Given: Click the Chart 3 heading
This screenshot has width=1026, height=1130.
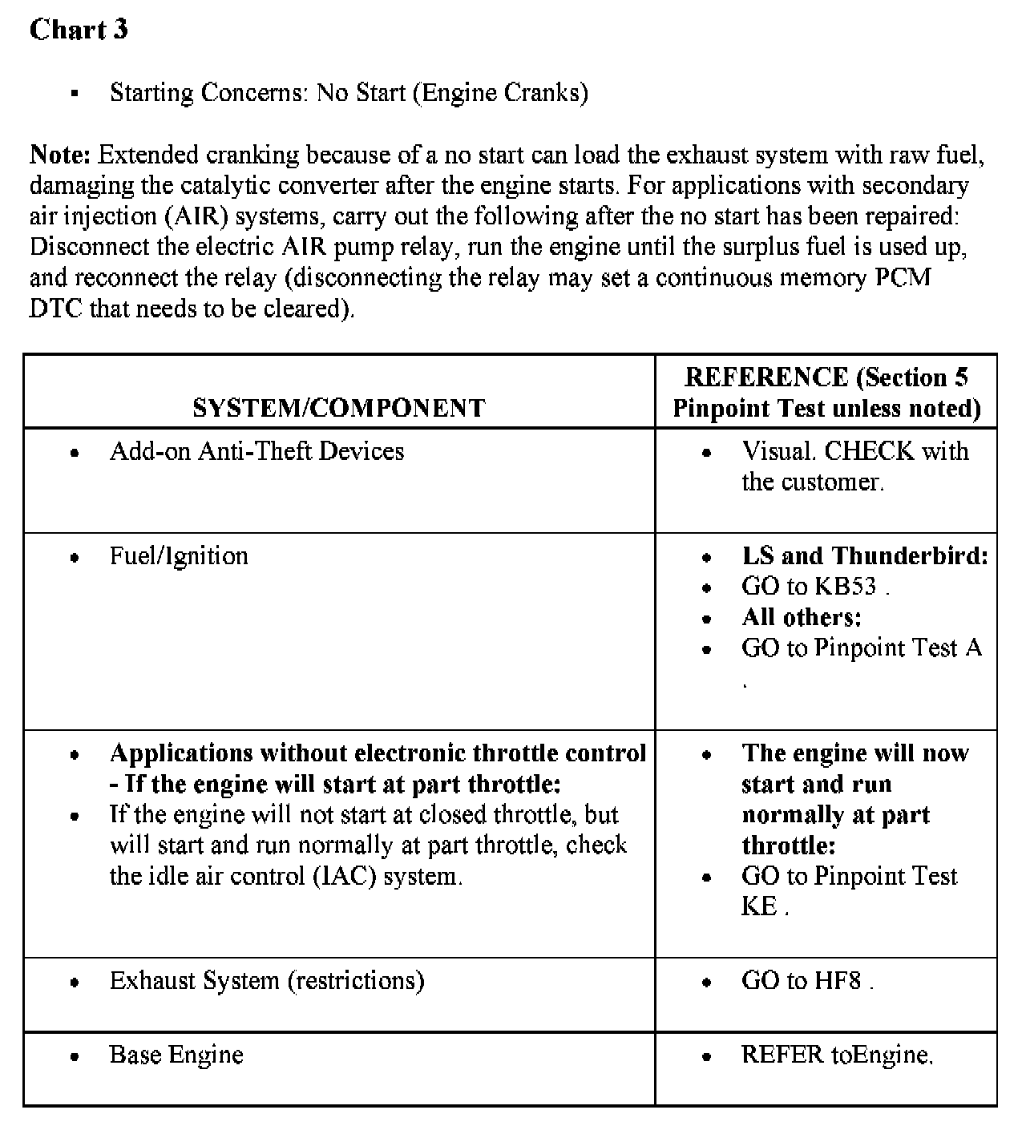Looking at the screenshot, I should pos(79,30).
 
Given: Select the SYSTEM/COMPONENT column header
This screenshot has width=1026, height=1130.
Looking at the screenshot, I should pos(338,408).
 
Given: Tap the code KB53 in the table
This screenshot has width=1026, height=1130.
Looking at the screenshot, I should pos(846,587).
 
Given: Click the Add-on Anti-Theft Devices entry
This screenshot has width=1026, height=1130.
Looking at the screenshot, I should pos(256,451).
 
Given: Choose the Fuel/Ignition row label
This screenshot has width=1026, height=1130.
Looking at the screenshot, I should pos(179,556).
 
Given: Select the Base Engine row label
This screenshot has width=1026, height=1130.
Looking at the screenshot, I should pos(176,1055).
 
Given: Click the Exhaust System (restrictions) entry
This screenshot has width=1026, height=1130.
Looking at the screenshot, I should pos(267,981).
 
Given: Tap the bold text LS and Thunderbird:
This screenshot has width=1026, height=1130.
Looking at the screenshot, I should pos(865,556).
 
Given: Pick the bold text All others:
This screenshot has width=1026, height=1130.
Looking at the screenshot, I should pos(802,617).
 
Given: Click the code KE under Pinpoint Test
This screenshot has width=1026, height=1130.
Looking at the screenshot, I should pos(759,906).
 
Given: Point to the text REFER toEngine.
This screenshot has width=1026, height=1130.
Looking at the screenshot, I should pos(837,1055).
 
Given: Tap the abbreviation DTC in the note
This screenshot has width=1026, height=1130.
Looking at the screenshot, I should pos(55,309).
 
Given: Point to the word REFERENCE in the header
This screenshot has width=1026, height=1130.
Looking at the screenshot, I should pos(766,377).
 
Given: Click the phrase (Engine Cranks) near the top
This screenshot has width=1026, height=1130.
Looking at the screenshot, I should pos(500,93).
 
